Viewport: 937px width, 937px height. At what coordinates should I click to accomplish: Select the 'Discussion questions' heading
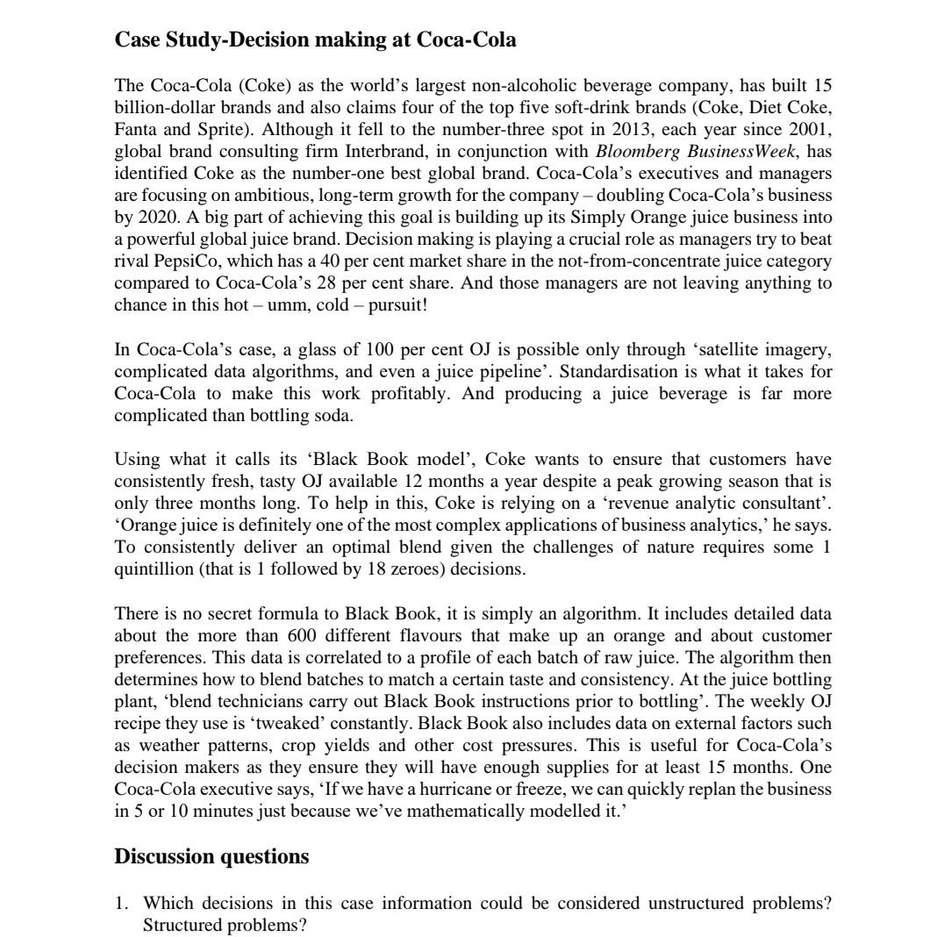click(211, 856)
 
